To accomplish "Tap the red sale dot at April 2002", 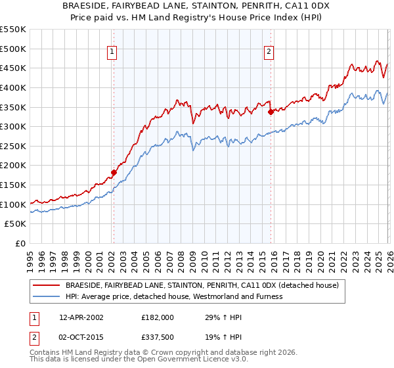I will pyautogui.click(x=114, y=173).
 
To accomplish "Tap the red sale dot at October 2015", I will pyautogui.click(x=271, y=112).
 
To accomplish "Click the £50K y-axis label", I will pyautogui.click(x=16, y=224).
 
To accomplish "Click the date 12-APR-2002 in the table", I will pyautogui.click(x=81, y=317).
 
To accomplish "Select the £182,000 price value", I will pyautogui.click(x=158, y=317).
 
